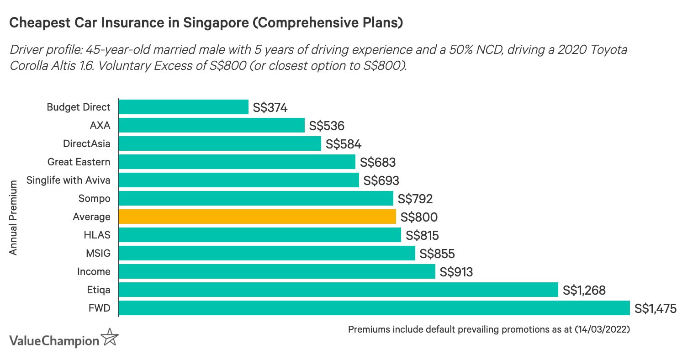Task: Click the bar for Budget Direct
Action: [183, 107]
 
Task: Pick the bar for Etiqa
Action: [338, 290]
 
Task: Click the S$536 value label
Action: [327, 126]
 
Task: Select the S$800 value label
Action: [418, 217]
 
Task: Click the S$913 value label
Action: [456, 272]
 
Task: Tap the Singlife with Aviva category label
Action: [69, 180]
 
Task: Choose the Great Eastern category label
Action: [79, 162]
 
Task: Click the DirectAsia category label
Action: [87, 143]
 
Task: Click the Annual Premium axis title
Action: [13, 217]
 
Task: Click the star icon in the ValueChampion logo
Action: [110, 337]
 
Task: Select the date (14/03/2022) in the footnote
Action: [602, 329]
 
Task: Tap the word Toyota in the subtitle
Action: [608, 50]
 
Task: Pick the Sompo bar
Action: [256, 198]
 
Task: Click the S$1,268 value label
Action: [584, 290]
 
